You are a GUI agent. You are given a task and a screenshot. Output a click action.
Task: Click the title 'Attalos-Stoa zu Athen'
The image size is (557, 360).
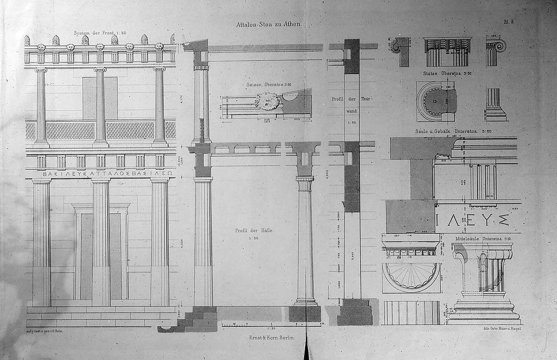pos(269,24)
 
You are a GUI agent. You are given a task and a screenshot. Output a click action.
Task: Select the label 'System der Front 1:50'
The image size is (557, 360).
pos(100,33)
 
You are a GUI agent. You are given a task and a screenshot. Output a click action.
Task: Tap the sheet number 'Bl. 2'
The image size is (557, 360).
pos(509,22)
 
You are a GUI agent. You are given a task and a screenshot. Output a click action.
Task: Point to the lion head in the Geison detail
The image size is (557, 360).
pos(267,101)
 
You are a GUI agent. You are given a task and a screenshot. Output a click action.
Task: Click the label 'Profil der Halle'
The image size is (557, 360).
pos(254,231)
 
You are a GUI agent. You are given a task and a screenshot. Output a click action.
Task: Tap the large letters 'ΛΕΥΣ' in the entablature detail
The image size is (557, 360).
pos(473,220)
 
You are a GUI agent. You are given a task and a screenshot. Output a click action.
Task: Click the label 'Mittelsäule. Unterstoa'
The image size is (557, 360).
pos(476,239)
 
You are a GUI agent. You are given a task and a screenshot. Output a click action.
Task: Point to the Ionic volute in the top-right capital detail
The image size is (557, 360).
pos(498,46)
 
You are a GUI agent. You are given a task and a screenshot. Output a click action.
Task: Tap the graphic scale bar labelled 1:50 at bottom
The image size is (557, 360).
pos(270,325)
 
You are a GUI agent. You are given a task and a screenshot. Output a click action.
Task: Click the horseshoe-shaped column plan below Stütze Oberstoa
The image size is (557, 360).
pos(435,102)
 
